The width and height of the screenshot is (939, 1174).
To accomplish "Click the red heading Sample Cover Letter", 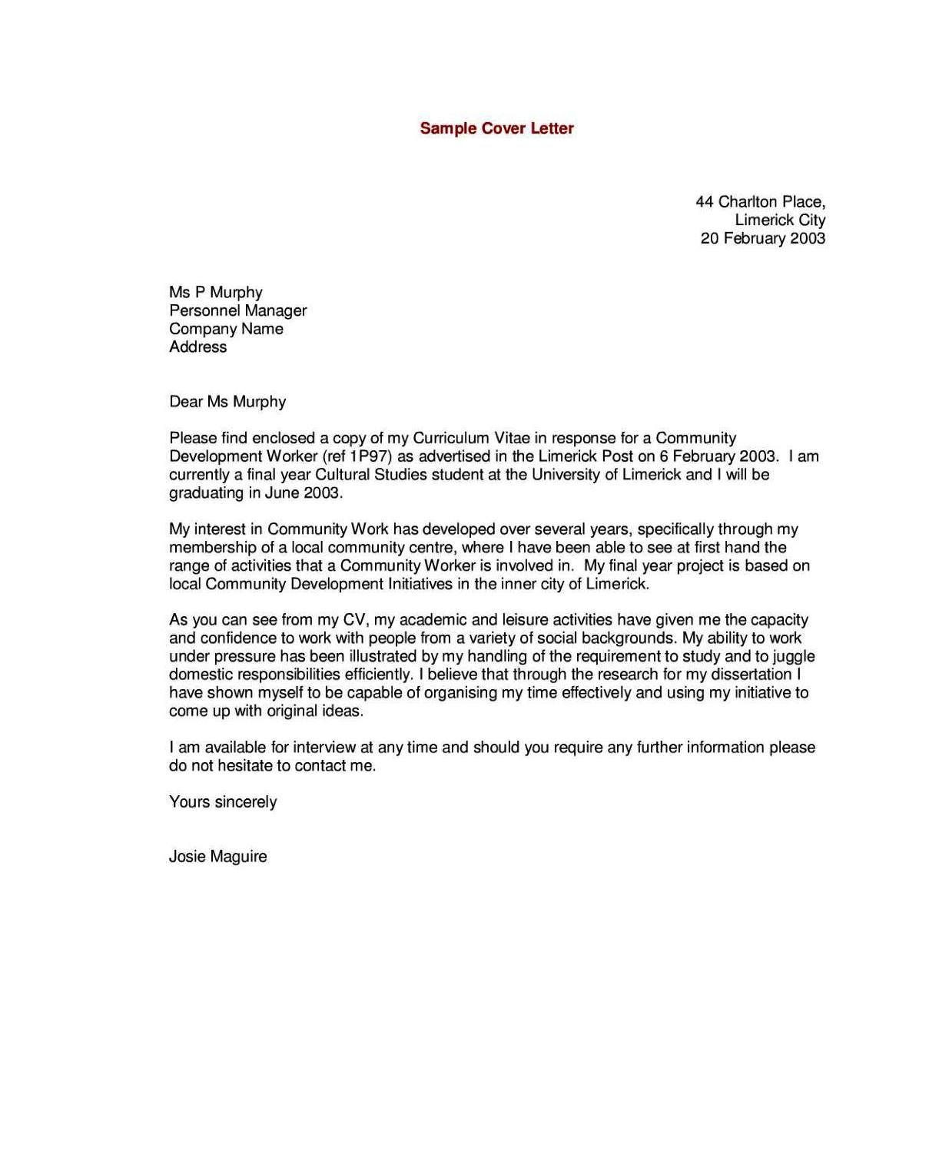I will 496,128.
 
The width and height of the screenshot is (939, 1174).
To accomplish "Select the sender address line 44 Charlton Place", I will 760,202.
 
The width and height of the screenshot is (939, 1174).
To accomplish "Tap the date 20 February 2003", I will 762,238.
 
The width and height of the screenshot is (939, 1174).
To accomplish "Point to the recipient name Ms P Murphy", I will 215,293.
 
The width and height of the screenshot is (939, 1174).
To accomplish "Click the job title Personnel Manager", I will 237,310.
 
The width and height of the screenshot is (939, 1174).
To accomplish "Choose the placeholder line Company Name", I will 226,329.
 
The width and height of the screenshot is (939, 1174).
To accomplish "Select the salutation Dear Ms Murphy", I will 227,402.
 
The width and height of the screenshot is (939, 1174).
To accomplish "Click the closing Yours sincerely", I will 222,802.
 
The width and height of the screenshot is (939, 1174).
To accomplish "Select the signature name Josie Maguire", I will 217,857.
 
